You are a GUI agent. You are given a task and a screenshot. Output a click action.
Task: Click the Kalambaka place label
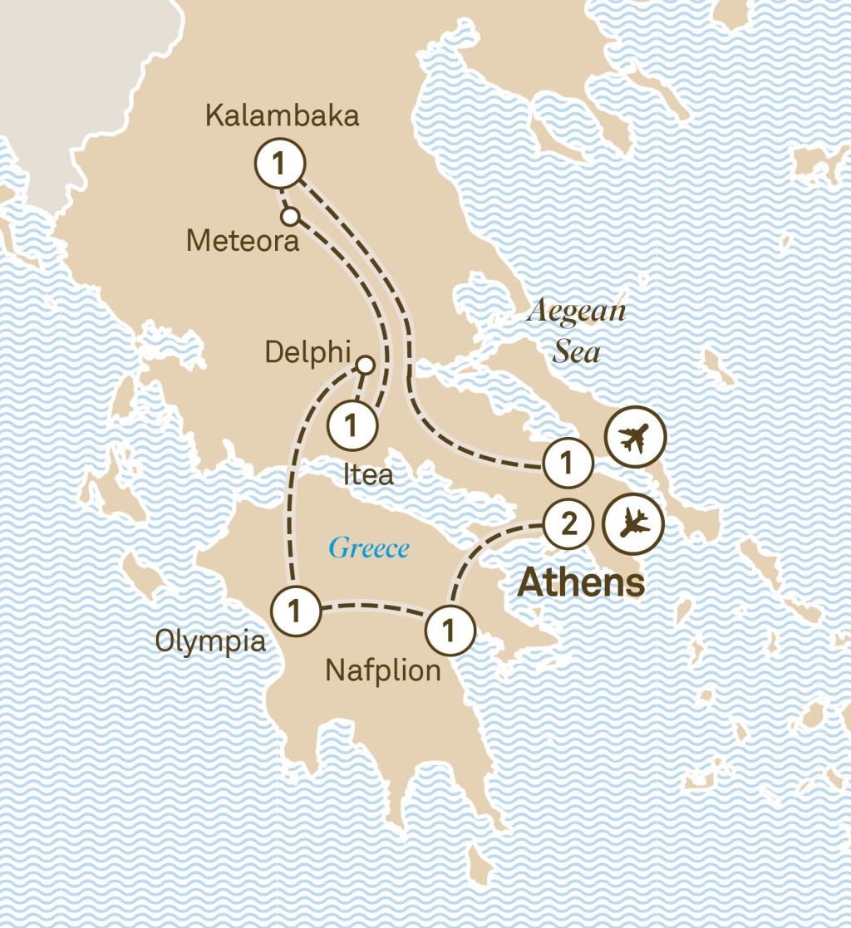[282, 115]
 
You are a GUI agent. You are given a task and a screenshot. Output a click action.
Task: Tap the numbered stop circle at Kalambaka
[280, 164]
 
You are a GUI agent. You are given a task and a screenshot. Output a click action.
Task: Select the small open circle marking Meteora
[289, 217]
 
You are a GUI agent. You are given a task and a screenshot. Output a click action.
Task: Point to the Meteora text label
[243, 241]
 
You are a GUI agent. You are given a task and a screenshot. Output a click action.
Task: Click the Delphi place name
[307, 352]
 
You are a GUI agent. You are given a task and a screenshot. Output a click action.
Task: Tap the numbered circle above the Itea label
[352, 425]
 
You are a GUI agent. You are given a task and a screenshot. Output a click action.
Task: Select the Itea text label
[368, 474]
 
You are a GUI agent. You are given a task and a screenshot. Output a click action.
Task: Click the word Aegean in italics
[576, 312]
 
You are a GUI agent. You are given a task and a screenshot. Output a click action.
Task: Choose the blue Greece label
[369, 548]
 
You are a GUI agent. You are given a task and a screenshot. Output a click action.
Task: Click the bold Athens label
[581, 583]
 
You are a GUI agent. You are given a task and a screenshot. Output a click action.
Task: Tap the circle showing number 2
[568, 524]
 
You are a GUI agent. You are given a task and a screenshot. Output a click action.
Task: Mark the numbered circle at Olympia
[295, 611]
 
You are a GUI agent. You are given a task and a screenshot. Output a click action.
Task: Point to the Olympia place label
[211, 641]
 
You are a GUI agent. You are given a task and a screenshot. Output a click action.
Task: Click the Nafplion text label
[382, 670]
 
